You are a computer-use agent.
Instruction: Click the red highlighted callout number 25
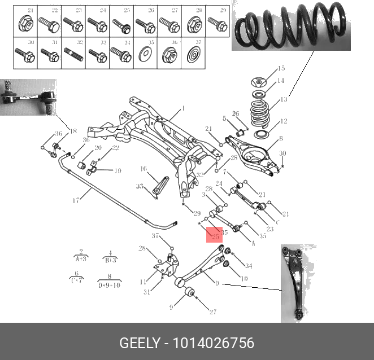coord(215,236)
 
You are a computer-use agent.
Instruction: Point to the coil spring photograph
coord(290,27)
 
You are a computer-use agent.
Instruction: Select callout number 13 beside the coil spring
coord(284,99)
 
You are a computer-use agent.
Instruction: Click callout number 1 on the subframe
coord(183,108)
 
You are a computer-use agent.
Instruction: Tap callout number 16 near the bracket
coord(143,169)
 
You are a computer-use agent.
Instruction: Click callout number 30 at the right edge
coord(282,153)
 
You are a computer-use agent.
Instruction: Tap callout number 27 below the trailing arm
coord(213,312)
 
